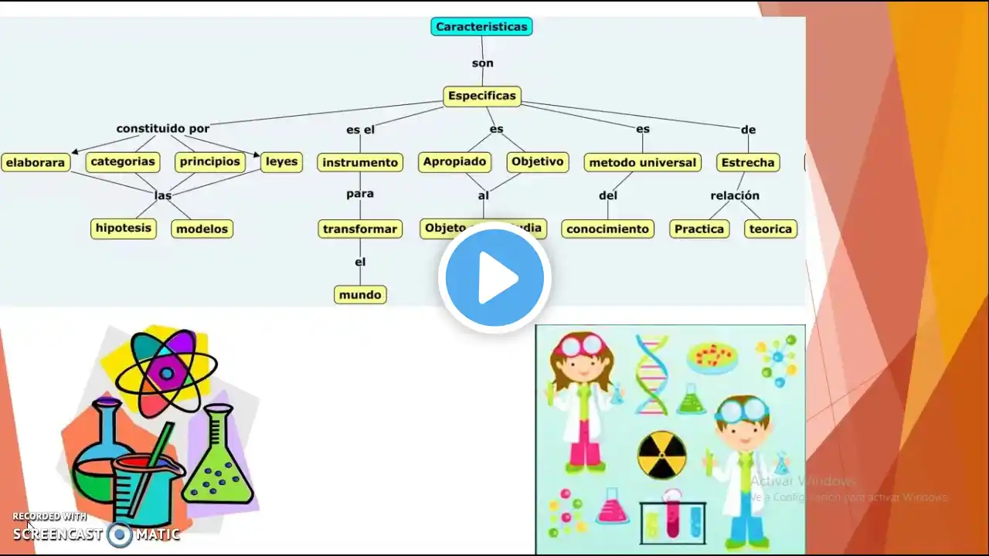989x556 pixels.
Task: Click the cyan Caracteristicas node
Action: pos(481,26)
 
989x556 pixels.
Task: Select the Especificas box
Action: pos(481,97)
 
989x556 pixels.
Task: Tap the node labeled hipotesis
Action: pos(123,228)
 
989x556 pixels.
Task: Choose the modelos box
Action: pos(202,229)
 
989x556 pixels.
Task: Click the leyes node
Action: pos(281,161)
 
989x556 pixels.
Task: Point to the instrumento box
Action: pos(360,162)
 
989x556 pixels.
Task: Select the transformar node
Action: pos(360,229)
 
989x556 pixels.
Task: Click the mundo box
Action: pos(360,294)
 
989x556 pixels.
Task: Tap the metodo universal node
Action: pos(642,162)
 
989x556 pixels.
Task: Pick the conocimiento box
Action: pos(608,229)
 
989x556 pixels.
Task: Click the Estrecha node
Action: pos(747,162)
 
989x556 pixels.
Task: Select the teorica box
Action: pos(770,229)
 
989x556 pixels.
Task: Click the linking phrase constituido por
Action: pos(163,128)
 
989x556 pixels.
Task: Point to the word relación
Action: pos(735,195)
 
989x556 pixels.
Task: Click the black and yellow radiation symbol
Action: pos(662,455)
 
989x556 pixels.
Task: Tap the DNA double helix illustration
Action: pos(651,375)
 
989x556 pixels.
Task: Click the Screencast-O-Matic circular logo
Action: pos(120,534)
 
